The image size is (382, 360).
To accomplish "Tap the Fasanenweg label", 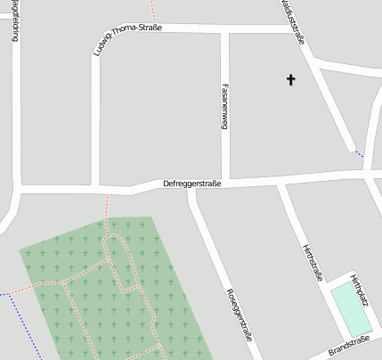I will (x=224, y=106).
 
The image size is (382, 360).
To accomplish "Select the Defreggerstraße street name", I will (x=191, y=184).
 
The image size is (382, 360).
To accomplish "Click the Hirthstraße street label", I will (x=313, y=262).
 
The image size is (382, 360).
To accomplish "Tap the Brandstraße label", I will (x=348, y=347).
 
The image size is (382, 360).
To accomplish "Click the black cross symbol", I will (x=290, y=80).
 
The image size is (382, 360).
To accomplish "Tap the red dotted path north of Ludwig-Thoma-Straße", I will (x=153, y=12).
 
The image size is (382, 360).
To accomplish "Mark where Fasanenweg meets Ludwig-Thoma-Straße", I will (x=225, y=30).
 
